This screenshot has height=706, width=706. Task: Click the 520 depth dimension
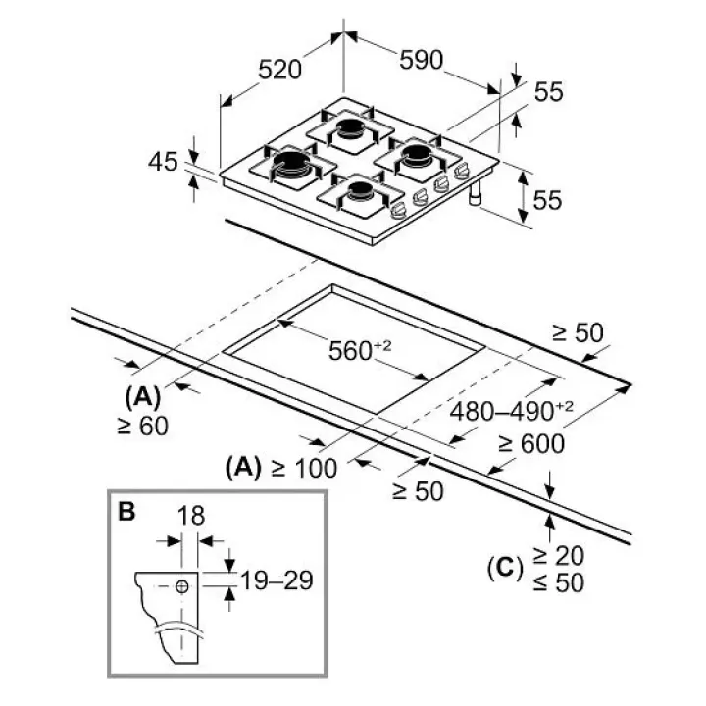[x=279, y=70]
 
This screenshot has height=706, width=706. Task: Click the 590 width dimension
[x=422, y=60]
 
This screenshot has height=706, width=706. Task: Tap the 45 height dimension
[x=163, y=161]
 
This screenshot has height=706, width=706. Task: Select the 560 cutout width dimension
[x=360, y=351]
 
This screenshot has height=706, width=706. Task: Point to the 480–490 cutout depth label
[x=512, y=411]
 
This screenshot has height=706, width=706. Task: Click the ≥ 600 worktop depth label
[x=531, y=444]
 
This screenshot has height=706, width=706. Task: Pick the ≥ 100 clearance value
[x=304, y=469]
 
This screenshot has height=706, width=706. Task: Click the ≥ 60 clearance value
[x=142, y=426]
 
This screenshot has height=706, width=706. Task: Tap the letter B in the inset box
[x=126, y=511]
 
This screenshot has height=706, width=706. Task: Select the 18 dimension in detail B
[x=191, y=516]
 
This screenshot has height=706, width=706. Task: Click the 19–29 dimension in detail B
[x=277, y=580]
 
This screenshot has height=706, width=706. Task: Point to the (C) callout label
[x=505, y=568]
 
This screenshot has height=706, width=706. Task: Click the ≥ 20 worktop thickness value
[x=558, y=556]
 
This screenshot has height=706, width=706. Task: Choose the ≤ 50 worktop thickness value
[x=558, y=582]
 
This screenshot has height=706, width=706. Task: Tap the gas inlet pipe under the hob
[x=476, y=193]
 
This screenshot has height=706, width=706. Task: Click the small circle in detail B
[x=182, y=586]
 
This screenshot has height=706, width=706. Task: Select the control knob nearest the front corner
[x=397, y=211]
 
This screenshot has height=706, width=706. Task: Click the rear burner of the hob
[x=350, y=128]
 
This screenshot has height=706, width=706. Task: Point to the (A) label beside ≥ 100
[x=243, y=468]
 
